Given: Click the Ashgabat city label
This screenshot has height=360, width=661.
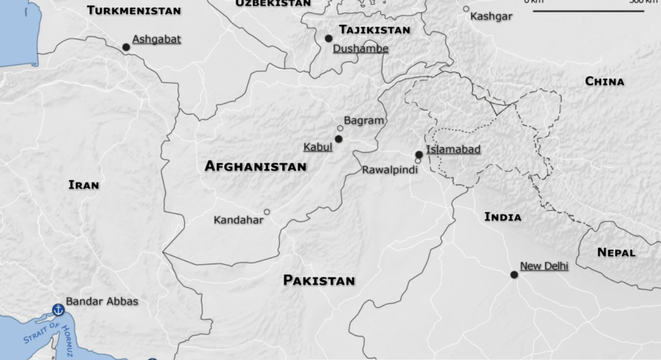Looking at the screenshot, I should (156, 39).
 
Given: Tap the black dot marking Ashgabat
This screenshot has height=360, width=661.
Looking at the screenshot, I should (126, 47).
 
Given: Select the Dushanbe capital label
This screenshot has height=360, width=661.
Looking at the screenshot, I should (360, 49).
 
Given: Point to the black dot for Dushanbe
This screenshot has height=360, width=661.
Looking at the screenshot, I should (329, 38).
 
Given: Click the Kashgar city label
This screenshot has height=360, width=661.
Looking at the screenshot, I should (491, 17).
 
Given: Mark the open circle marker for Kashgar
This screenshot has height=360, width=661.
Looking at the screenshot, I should (466, 9).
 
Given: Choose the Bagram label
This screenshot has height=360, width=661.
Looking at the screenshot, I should (363, 120).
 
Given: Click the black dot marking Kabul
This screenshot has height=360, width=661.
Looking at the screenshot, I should (338, 138).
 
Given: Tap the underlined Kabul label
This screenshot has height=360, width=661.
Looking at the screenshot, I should (318, 147).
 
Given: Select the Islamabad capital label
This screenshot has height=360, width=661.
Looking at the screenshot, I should (453, 149).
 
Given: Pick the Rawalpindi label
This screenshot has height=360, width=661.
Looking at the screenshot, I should (390, 170).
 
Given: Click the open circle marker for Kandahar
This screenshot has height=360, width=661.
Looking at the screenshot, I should (267, 212).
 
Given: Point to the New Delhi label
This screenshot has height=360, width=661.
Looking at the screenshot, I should (544, 266).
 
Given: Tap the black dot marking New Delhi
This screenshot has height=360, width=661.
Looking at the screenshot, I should (514, 275).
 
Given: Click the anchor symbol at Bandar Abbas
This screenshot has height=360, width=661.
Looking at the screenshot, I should (58, 309).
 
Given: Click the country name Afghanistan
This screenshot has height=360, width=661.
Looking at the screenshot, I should (255, 166).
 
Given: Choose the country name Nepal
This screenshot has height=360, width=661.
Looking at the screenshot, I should (616, 253).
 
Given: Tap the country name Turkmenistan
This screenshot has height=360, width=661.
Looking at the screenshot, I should (134, 11).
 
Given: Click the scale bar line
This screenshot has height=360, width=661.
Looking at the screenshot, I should (589, 11).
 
